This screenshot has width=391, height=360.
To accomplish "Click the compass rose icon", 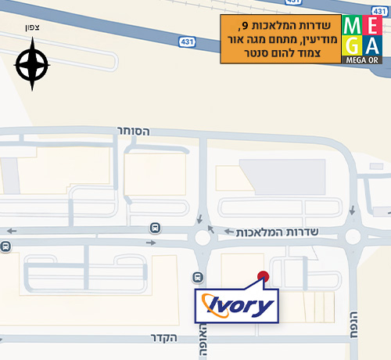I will coord(30,65).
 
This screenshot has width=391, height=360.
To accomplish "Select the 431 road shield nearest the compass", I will coord(187,41).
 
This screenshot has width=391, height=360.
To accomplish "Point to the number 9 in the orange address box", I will coord(259,25).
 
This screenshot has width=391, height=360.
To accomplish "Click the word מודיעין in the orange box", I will coord(318,38).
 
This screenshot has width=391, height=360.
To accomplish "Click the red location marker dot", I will coord(264,275).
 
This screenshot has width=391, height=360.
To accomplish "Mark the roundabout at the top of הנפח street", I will coord(352,236).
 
